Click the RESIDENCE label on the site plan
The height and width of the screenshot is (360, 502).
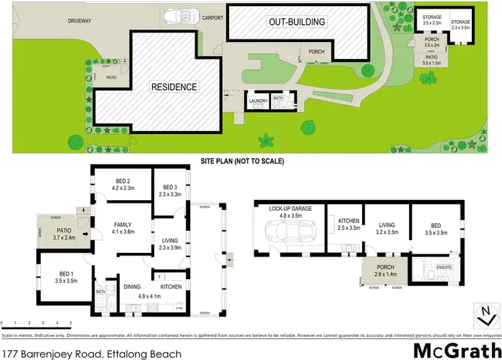(173, 87)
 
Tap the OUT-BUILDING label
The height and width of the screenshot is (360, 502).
(297, 22)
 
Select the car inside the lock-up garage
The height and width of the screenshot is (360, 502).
(286, 233)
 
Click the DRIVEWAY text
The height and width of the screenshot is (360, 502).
(80, 21)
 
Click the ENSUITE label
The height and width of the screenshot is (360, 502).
(444, 267)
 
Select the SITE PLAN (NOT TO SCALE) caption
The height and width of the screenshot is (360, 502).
(243, 162)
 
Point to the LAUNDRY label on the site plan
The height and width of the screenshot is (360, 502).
(258, 101)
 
